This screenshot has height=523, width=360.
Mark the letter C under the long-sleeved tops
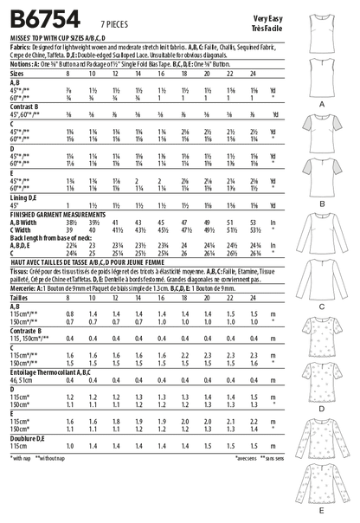click(x=322, y=282)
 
